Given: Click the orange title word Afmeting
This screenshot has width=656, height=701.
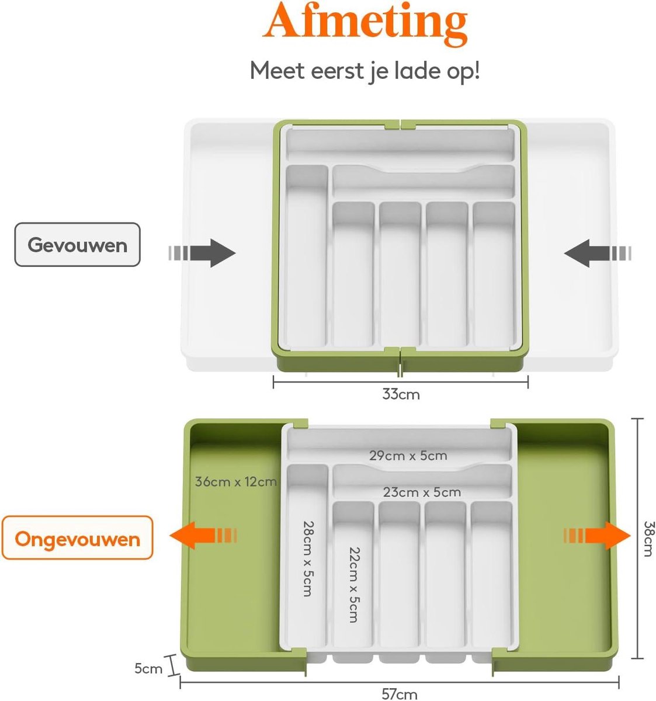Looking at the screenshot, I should click(x=365, y=23).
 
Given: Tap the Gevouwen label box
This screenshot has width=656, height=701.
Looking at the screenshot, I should click(x=77, y=245).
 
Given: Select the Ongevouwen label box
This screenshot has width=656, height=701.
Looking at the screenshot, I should click(x=77, y=538).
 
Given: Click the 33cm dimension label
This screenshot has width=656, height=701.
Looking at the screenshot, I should click(x=401, y=394).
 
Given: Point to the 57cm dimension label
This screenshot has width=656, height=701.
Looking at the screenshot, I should click(x=400, y=693).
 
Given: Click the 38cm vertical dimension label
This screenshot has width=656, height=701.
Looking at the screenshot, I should click(x=648, y=538).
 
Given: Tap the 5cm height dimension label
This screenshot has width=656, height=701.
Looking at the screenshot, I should click(x=148, y=668).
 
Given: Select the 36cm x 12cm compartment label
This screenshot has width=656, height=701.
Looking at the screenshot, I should click(x=235, y=482).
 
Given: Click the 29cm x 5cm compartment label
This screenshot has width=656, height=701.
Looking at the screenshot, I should click(x=408, y=456).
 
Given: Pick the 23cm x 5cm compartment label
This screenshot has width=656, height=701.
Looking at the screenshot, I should click(x=422, y=492).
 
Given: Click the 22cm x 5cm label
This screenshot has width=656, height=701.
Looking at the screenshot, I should click(x=354, y=584).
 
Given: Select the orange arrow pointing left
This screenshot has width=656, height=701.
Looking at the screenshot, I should click(x=202, y=536).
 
